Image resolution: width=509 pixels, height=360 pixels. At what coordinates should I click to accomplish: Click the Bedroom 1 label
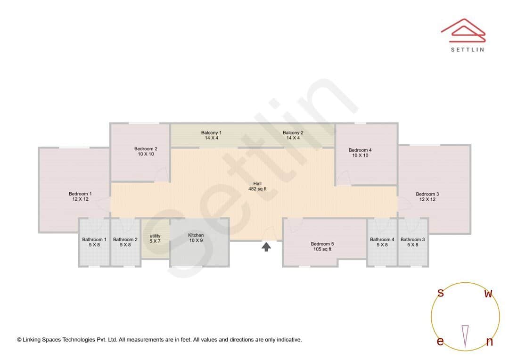[x=80, y=196]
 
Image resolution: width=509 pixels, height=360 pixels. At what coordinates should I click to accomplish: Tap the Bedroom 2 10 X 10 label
[x=146, y=151]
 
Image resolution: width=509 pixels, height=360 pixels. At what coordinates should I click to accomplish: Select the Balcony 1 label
[x=211, y=135]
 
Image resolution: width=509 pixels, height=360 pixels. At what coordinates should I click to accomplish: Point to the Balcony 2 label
[x=293, y=135]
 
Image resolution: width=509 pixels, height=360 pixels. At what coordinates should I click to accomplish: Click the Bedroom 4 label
[x=360, y=153]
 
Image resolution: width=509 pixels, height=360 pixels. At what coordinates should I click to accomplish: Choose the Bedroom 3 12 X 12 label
[x=427, y=196]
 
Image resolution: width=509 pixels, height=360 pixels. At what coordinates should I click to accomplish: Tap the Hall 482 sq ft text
[x=257, y=186]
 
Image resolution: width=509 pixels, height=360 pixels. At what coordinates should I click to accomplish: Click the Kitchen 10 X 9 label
[x=196, y=237]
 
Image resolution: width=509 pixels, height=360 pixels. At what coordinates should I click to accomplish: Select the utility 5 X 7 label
[x=155, y=238]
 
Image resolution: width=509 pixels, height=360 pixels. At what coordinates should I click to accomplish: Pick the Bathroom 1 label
[x=94, y=242]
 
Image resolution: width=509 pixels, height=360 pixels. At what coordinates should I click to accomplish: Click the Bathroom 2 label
[x=125, y=242]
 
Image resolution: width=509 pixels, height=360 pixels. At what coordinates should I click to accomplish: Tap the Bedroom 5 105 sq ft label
[x=322, y=246]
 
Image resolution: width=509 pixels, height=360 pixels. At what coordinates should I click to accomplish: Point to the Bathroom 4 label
[x=382, y=242]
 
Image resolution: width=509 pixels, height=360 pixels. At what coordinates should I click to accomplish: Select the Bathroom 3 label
[x=413, y=242]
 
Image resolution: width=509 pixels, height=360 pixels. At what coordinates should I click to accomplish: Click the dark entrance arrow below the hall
[x=266, y=246]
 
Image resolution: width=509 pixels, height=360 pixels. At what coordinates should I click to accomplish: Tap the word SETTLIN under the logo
[x=467, y=49]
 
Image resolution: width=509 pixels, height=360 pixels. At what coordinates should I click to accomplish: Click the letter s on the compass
[x=441, y=293]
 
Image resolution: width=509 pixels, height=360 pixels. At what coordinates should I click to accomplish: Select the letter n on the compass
[x=489, y=342]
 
